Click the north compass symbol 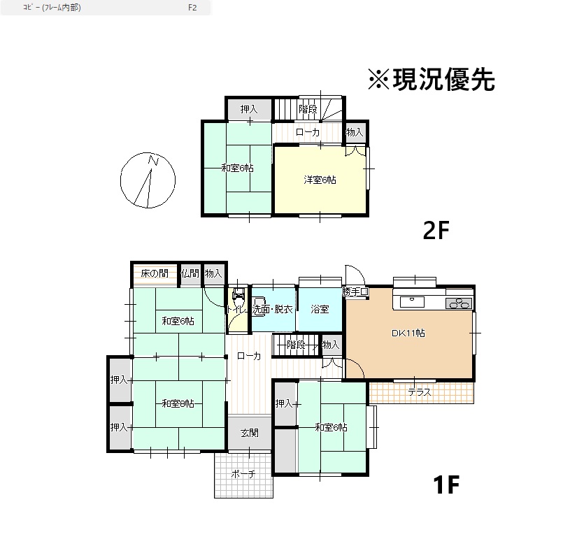(x=148, y=180)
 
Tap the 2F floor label (x=436, y=230)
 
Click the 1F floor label (x=446, y=484)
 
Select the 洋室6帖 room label (x=320, y=180)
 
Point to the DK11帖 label (x=408, y=333)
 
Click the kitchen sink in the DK (x=412, y=301)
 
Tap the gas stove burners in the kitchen (x=459, y=303)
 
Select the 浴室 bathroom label (x=320, y=309)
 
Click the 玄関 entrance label (x=249, y=433)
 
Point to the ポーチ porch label (x=243, y=474)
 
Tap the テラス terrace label (x=420, y=392)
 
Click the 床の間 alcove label (x=155, y=273)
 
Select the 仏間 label (x=190, y=273)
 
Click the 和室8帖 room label (x=178, y=403)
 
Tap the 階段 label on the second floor (x=308, y=109)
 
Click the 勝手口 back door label (x=355, y=292)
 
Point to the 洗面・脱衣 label (x=273, y=309)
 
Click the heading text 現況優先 (x=444, y=79)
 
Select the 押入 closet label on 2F (x=249, y=109)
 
